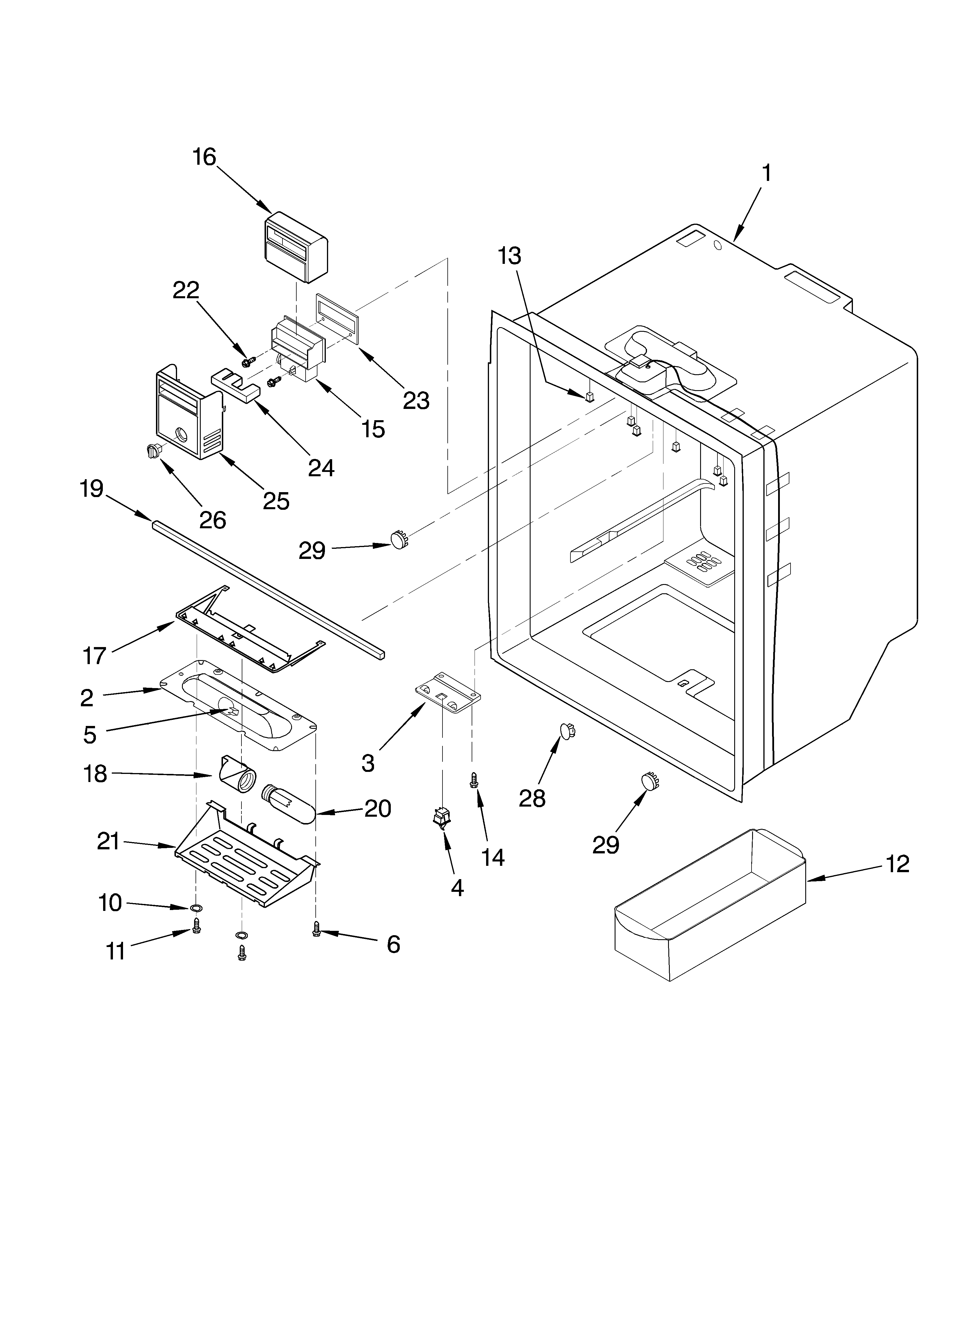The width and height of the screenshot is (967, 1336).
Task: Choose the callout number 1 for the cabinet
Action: [x=766, y=173]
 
